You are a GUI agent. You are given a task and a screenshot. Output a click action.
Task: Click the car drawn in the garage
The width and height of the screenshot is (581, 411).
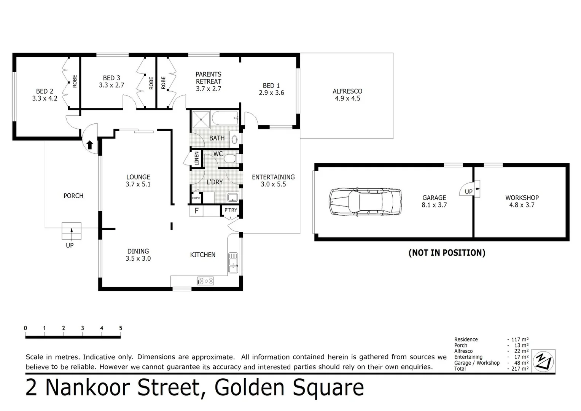(x=365, y=201)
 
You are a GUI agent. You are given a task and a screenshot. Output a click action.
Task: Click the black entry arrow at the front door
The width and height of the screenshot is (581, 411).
(x=90, y=145)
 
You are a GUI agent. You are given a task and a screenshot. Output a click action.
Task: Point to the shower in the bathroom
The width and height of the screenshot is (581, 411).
(x=201, y=119)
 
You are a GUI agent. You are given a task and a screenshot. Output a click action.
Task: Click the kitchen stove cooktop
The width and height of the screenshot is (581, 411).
(x=205, y=281)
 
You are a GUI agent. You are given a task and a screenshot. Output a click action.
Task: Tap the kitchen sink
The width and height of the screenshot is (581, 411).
(x=233, y=263)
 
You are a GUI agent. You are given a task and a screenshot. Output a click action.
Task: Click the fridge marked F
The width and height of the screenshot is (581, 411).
(x=197, y=210)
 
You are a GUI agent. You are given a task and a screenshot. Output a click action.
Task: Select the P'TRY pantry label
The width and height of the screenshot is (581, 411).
(x=231, y=210)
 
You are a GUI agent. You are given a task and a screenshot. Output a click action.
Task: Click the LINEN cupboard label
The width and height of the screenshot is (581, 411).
(x=197, y=158)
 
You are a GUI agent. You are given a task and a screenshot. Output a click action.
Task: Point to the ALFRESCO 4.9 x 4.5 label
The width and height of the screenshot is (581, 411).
(x=347, y=95)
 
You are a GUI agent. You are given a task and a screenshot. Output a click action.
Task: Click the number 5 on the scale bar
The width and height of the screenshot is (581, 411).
(x=121, y=328)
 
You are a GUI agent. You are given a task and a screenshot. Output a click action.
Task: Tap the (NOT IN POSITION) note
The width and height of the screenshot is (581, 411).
(x=447, y=253)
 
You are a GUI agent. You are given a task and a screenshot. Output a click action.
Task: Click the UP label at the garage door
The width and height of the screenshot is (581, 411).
(x=469, y=192)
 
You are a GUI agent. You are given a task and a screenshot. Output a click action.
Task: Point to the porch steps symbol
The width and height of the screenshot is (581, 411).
(x=72, y=231)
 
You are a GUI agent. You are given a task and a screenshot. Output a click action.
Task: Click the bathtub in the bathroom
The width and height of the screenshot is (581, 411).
(x=224, y=118)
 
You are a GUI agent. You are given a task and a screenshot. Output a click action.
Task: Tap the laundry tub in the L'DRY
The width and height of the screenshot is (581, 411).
(x=232, y=198)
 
